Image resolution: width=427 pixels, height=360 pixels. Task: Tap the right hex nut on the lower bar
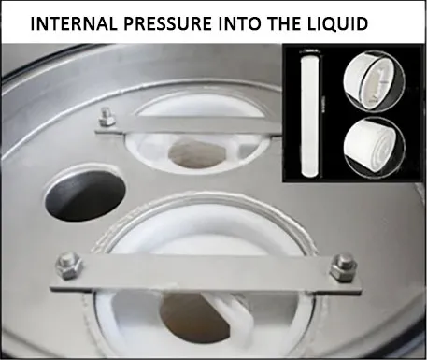tap(343, 264)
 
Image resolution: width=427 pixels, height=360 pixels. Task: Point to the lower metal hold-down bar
tap(206, 271)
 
